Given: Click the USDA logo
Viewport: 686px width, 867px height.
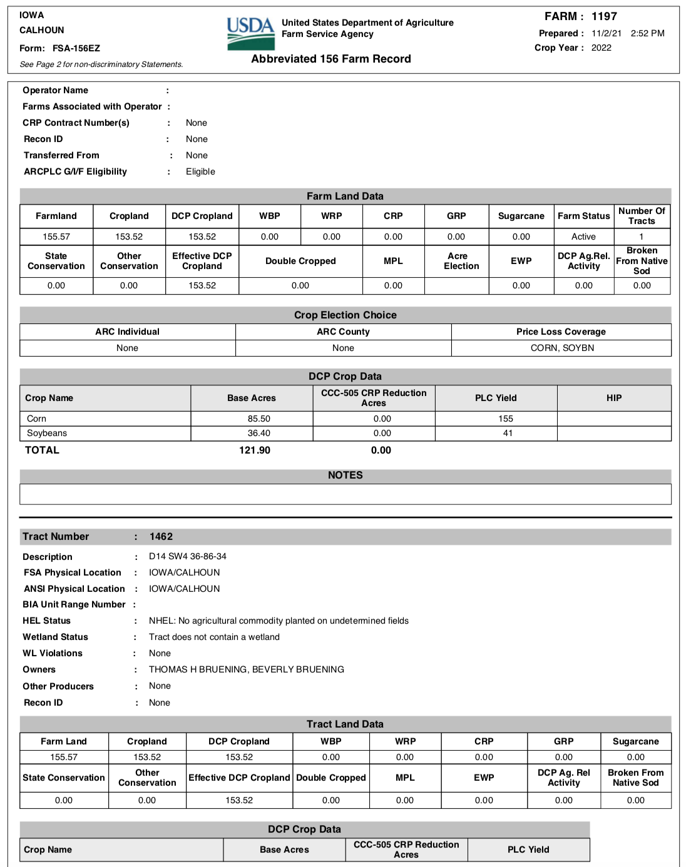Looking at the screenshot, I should tap(250, 34).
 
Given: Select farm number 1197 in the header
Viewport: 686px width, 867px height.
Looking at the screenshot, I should tap(604, 16).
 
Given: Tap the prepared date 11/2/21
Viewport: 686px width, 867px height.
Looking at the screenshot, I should tap(606, 33).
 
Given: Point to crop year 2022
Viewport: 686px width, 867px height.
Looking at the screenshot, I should tap(601, 48).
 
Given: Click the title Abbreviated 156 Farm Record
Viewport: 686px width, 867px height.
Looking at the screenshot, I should tap(331, 59).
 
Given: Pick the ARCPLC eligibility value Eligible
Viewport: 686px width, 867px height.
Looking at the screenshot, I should tap(200, 171).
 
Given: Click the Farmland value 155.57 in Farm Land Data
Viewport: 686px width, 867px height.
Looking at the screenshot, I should tap(56, 236).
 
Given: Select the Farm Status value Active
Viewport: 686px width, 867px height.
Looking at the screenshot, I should tap(583, 236).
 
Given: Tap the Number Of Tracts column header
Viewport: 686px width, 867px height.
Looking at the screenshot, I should tap(642, 216).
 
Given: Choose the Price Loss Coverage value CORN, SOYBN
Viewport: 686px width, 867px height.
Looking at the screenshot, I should tap(562, 348).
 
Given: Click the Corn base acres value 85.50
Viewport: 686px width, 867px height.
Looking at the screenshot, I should tap(259, 418).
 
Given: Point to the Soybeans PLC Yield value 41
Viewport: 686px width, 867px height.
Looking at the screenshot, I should tap(508, 433).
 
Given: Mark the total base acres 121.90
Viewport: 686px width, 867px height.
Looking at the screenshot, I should tap(255, 450).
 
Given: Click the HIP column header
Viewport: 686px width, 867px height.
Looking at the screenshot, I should tap(614, 398).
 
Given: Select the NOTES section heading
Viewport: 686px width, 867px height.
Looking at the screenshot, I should tap(345, 475).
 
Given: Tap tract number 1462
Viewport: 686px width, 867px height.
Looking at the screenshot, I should tap(161, 537).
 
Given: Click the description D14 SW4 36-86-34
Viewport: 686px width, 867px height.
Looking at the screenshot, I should tap(187, 556).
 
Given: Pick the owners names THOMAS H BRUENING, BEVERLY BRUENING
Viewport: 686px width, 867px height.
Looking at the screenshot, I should tap(246, 669).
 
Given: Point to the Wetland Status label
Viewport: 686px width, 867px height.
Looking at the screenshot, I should tap(55, 637).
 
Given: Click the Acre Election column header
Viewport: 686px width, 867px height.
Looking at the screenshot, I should tap(461, 261).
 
